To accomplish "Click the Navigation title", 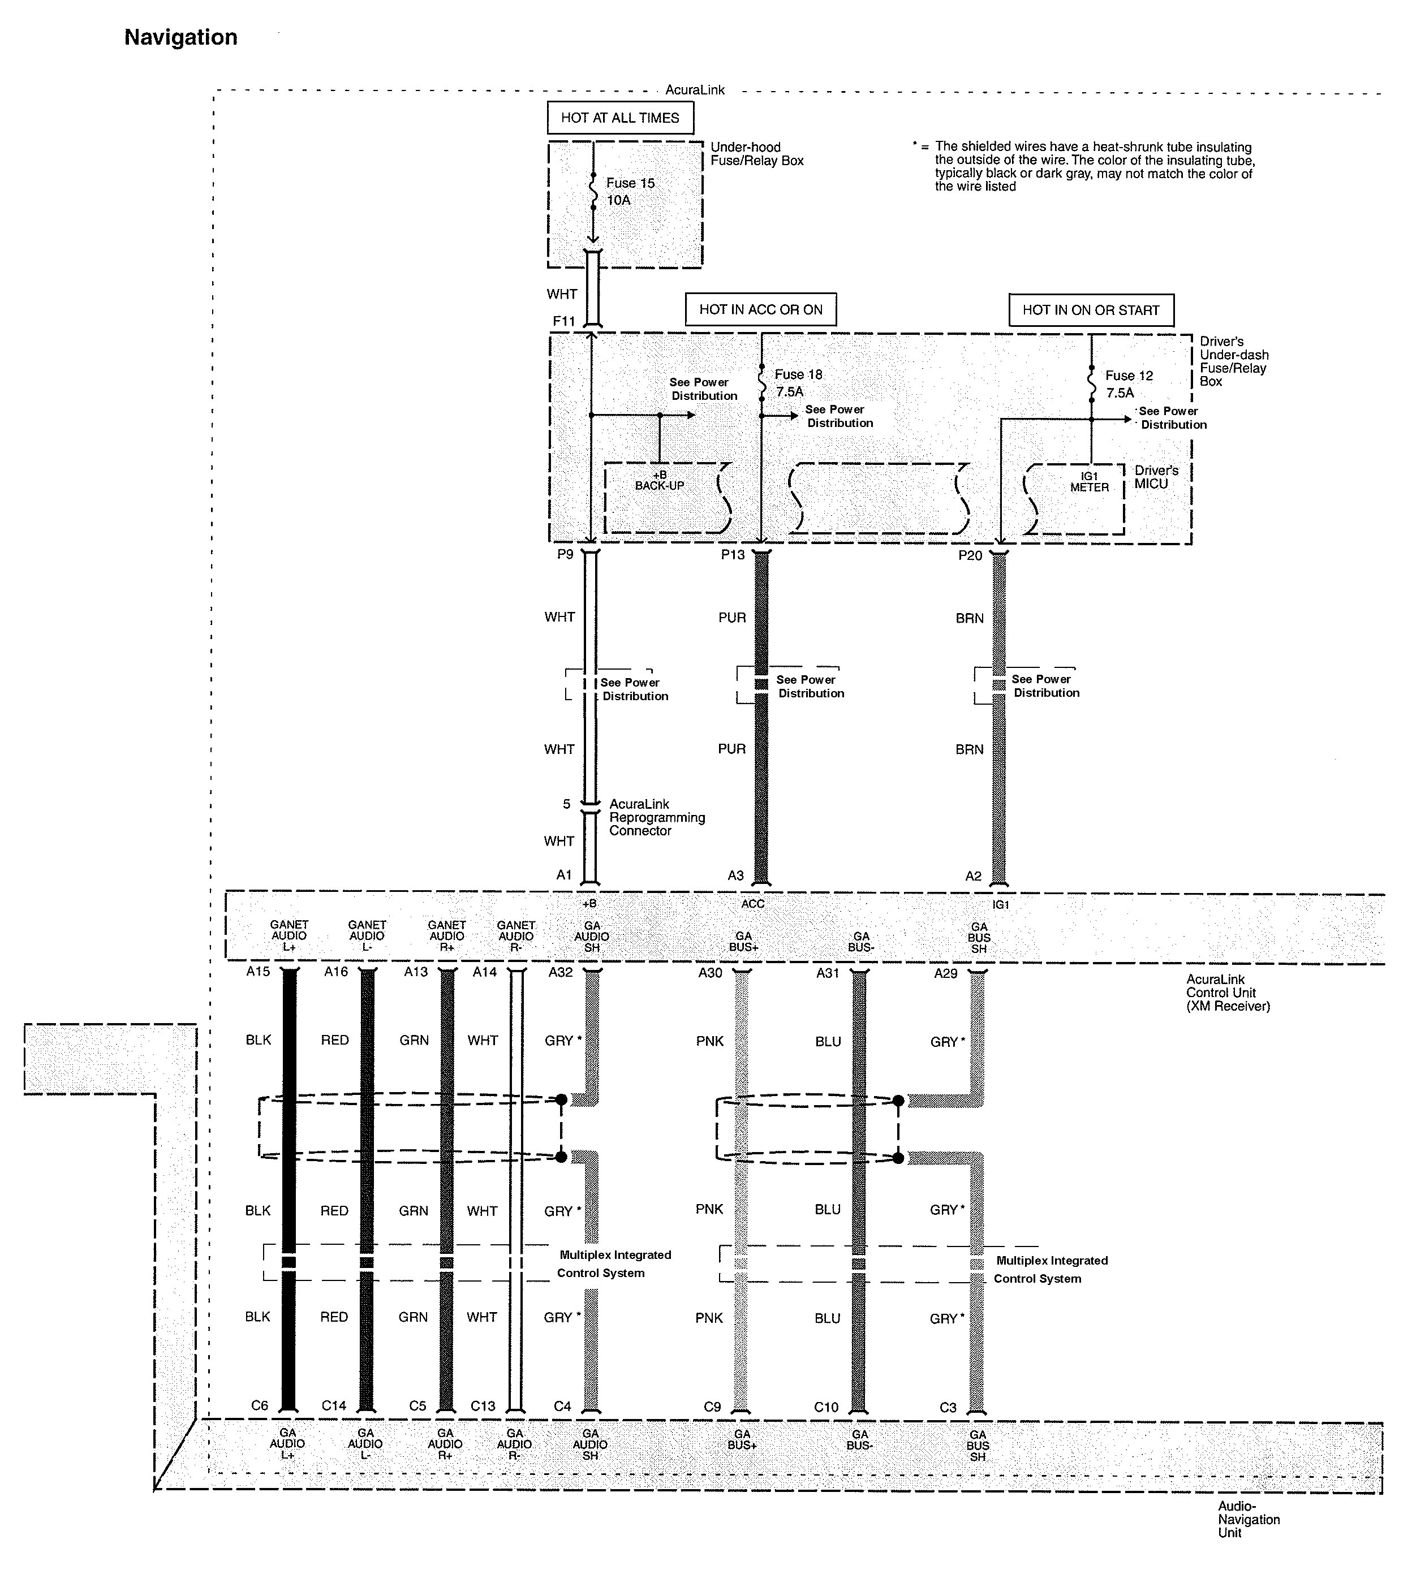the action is tap(181, 37).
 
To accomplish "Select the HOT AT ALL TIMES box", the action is tap(620, 118).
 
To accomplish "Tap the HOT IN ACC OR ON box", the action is tap(760, 309).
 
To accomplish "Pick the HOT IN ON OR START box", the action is tap(1091, 310).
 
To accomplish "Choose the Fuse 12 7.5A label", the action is tap(1129, 384).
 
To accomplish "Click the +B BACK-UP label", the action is tap(660, 480).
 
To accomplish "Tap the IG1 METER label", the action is tap(1089, 482).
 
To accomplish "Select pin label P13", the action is tap(733, 555).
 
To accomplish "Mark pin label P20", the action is tap(970, 555).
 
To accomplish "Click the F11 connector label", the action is tap(564, 321).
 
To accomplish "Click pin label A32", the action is tap(560, 973).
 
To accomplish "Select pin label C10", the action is tap(826, 1407).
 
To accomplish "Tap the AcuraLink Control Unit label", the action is tap(1228, 993).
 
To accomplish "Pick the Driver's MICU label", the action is tap(1156, 477).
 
